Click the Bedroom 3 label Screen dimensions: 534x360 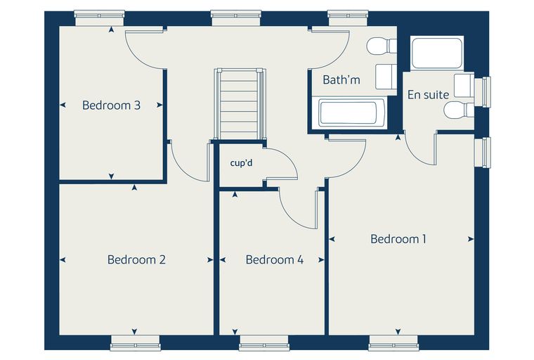pos(111,105)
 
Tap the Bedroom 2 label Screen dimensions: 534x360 pos(136,259)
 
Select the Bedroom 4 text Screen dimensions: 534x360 pos(275,259)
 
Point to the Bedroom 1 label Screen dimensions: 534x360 pos(398,239)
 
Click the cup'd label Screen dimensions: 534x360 pos(242,163)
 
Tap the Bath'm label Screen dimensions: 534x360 pos(341,79)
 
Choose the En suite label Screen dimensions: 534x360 pos(428,94)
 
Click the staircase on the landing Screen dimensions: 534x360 pos(239,103)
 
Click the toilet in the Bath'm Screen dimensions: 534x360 pos(382,46)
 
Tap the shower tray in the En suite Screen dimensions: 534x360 pos(437,53)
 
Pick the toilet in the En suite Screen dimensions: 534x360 pos(459,110)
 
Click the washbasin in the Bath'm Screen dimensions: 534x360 pos(386,76)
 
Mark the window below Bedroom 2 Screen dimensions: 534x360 pos(135,343)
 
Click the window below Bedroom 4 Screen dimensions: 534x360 pos(264,343)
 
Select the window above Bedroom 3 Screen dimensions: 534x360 pos(99,18)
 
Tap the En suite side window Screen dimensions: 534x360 pos(483,92)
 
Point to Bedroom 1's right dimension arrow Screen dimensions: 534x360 pos(471,239)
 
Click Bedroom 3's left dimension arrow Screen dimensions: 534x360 pos(63,105)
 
